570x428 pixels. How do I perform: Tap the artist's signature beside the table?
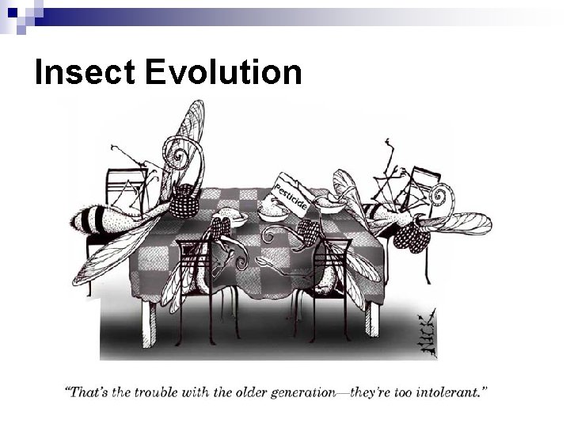click(x=426, y=326)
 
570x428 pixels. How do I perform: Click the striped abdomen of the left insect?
click(x=96, y=216)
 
